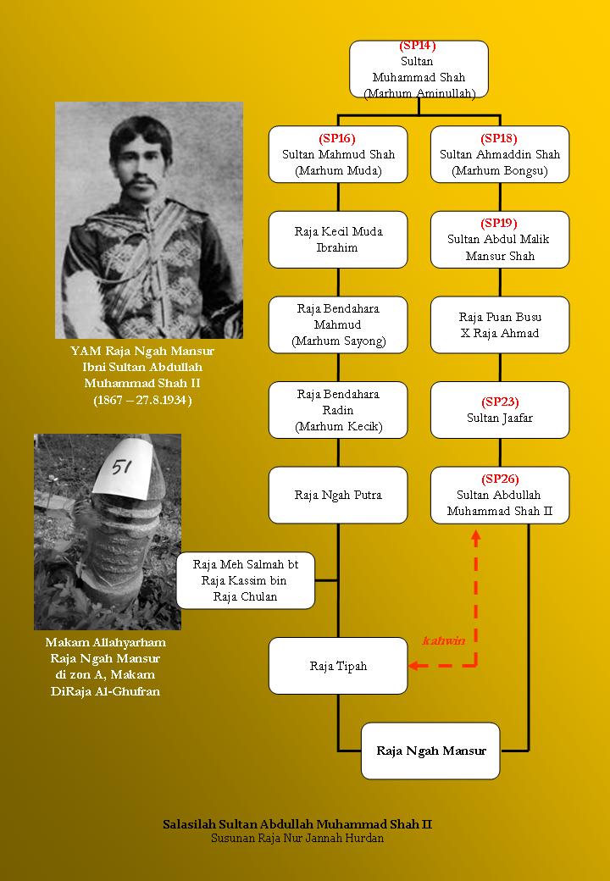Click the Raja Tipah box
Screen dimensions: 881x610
coord(338,666)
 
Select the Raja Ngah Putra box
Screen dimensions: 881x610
coord(338,495)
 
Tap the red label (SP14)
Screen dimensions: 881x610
coord(419,46)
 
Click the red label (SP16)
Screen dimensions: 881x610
coord(337,138)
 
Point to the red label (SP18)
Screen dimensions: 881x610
coord(499,138)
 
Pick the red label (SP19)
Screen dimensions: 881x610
coord(499,223)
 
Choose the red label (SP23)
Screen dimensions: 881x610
coord(499,402)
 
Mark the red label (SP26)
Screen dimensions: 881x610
coord(499,478)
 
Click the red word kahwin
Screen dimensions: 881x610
coord(444,641)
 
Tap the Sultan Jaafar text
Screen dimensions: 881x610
coord(499,418)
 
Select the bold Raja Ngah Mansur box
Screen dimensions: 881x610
coord(430,751)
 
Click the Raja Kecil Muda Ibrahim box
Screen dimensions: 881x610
coord(338,240)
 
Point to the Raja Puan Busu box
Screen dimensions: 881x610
coord(499,324)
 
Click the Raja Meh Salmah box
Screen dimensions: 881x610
coord(246,580)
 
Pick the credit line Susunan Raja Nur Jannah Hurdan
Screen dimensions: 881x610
coord(297,839)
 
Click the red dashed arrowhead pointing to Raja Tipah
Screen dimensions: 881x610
coord(413,666)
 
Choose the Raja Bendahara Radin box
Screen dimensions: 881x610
coord(338,410)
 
